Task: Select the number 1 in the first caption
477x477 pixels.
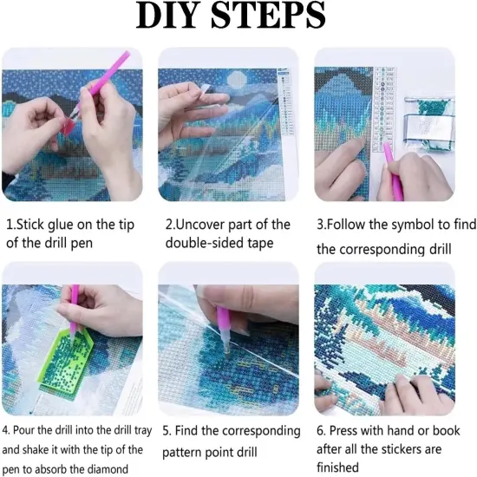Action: click(x=10, y=224)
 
